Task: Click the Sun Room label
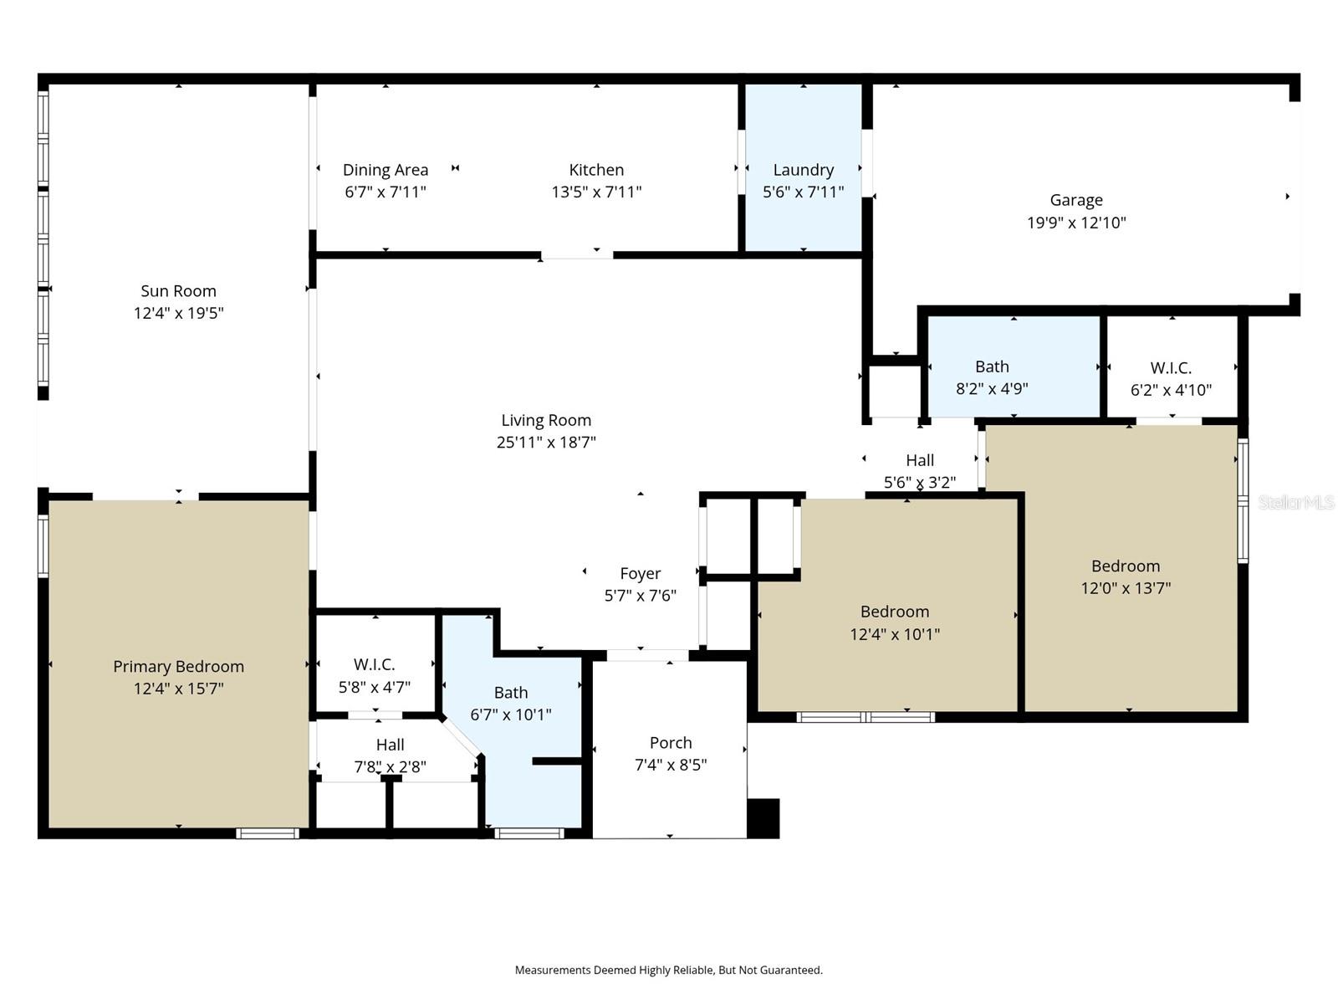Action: pyautogui.click(x=178, y=291)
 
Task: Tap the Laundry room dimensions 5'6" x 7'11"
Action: pyautogui.click(x=803, y=192)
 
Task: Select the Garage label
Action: pyautogui.click(x=1076, y=200)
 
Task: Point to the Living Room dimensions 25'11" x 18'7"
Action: pyautogui.click(x=546, y=443)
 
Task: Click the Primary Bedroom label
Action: pyautogui.click(x=178, y=667)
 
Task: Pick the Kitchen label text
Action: pyautogui.click(x=596, y=170)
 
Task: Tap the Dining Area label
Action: pyautogui.click(x=386, y=170)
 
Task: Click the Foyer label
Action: pyautogui.click(x=640, y=574)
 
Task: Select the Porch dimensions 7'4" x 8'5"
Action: pyautogui.click(x=671, y=765)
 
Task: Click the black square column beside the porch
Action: pyautogui.click(x=763, y=818)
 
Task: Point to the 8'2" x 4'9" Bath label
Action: pyautogui.click(x=992, y=366)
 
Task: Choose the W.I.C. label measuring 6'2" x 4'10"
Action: pyautogui.click(x=1171, y=368)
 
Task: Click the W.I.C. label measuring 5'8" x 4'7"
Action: pyautogui.click(x=374, y=665)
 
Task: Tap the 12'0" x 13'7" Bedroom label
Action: pyautogui.click(x=1126, y=566)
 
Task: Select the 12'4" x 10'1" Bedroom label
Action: pyautogui.click(x=895, y=612)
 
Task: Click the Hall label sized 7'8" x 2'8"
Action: pyautogui.click(x=390, y=745)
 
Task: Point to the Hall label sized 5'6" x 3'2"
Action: pyautogui.click(x=920, y=460)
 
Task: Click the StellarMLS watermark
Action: pyautogui.click(x=1295, y=503)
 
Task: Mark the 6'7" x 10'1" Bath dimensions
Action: pyautogui.click(x=510, y=715)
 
